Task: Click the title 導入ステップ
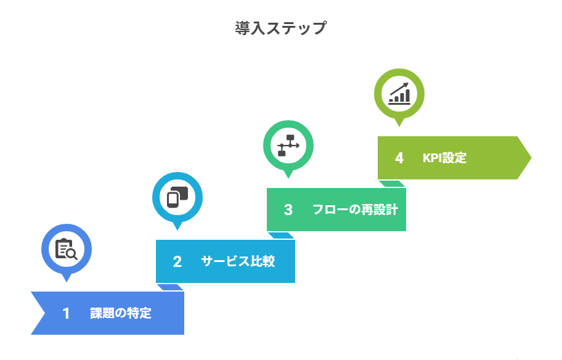(280, 28)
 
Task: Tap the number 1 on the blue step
(66, 313)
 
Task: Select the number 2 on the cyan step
(177, 261)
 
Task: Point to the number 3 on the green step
(288, 210)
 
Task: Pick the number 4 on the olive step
(399, 158)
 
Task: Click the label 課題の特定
(120, 313)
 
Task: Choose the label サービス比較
(237, 261)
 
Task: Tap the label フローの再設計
(354, 210)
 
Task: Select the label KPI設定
(444, 158)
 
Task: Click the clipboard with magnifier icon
(66, 248)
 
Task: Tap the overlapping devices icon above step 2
(177, 197)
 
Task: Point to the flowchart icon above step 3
(288, 145)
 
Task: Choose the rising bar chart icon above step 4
(399, 93)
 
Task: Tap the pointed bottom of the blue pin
(66, 280)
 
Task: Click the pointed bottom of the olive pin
(399, 125)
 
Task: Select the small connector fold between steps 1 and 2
(170, 287)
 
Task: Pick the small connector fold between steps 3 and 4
(392, 184)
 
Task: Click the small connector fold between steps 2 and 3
(281, 235)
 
